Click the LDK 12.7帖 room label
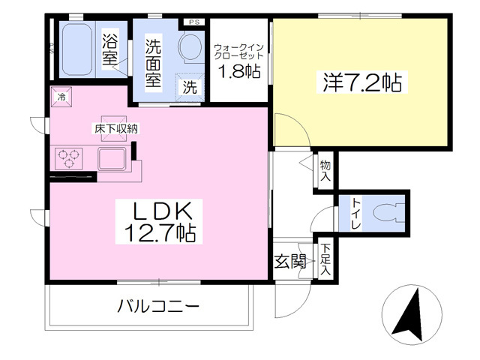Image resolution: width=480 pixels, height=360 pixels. click(x=156, y=221)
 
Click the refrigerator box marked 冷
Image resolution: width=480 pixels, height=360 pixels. click(x=61, y=97)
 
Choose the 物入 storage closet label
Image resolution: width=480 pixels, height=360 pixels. click(x=325, y=171)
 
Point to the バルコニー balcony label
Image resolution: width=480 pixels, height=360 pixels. click(x=157, y=307)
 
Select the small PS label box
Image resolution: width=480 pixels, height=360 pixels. click(x=193, y=22)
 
